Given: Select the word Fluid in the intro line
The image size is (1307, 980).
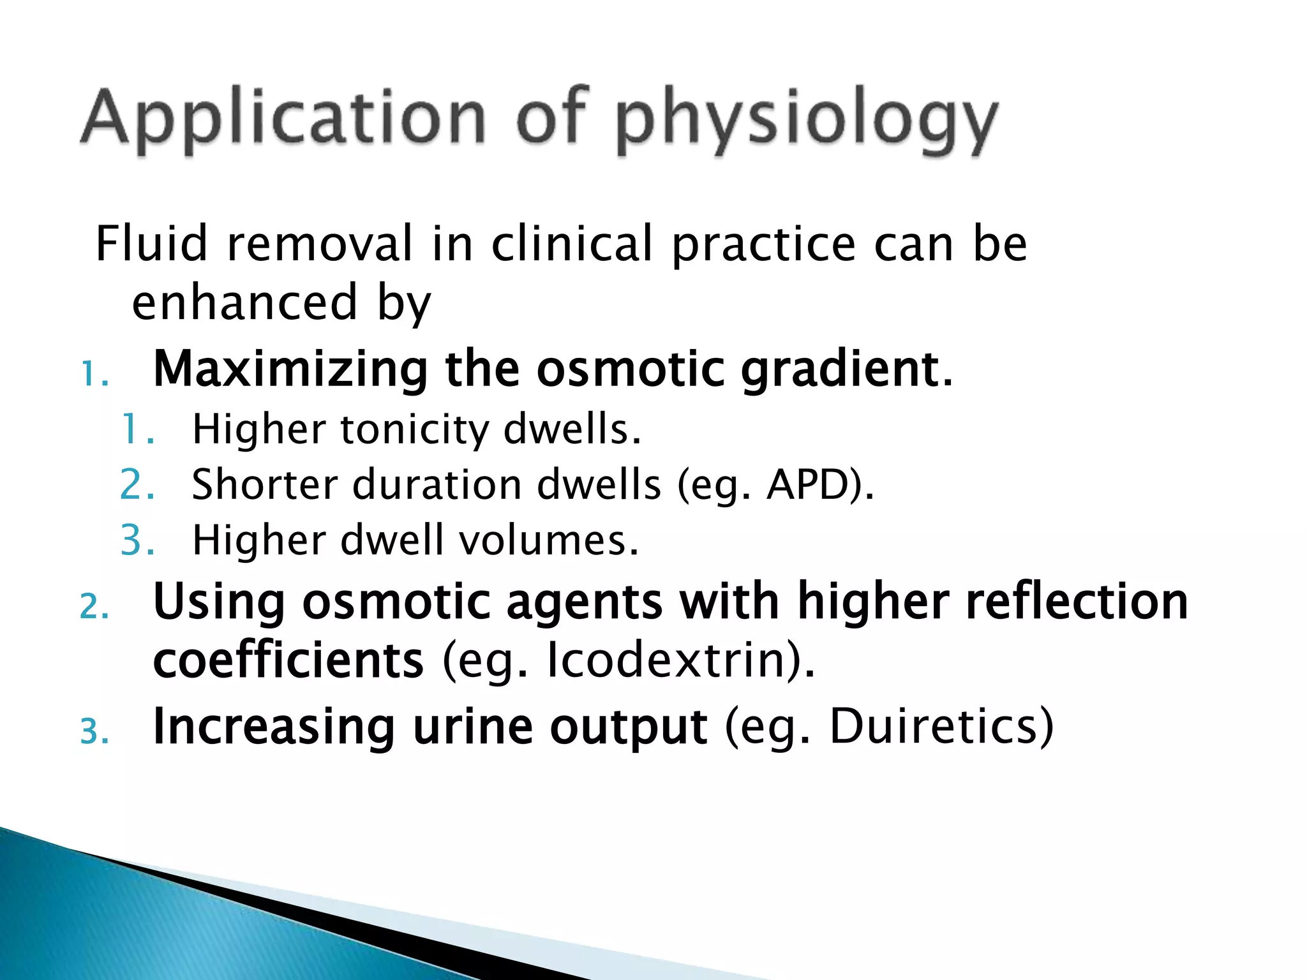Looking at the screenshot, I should pyautogui.click(x=151, y=244).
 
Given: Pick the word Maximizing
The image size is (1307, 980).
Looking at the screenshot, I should pyautogui.click(x=290, y=370).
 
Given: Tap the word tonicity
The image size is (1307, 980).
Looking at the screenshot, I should pyautogui.click(x=415, y=429).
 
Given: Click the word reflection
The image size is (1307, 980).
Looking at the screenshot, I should pyautogui.click(x=1077, y=602).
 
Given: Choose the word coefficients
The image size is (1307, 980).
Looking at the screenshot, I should pyautogui.click(x=288, y=660).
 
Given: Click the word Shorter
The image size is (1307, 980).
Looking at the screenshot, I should pyautogui.click(x=264, y=485).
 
